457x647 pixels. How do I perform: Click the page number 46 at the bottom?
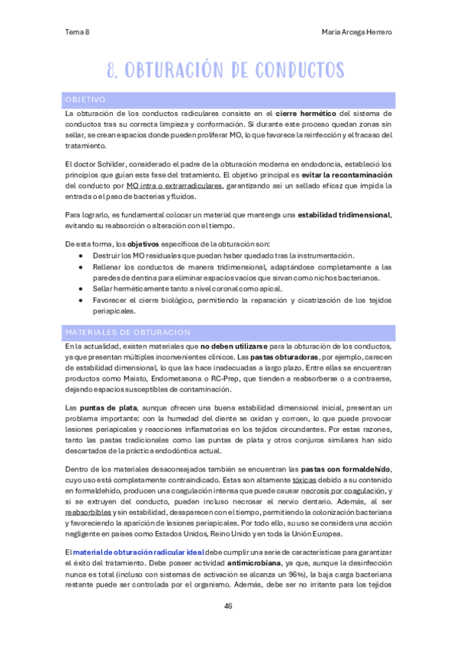[228, 607]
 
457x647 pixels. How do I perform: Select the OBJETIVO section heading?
[85, 100]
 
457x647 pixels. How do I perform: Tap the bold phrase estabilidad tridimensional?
[342, 216]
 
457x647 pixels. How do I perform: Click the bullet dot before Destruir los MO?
[81, 255]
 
